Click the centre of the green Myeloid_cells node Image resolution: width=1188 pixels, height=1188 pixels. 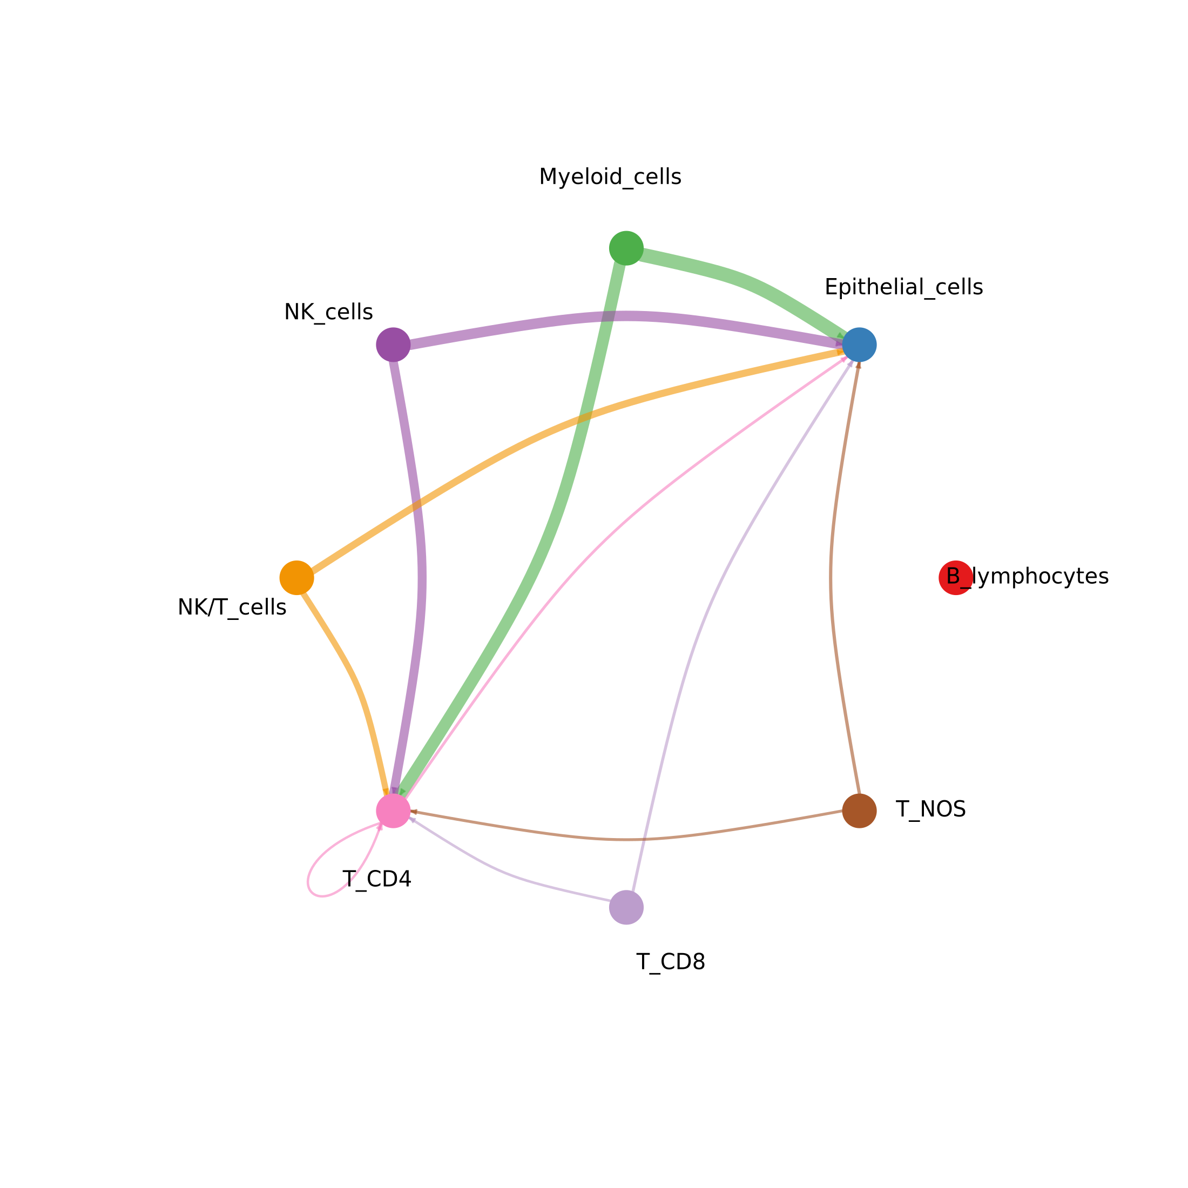click(x=626, y=248)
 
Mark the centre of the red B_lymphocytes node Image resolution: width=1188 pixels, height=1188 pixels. click(x=956, y=578)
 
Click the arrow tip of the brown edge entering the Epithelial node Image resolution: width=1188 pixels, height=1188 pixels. click(x=859, y=362)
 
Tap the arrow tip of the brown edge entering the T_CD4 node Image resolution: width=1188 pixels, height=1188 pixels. click(x=411, y=812)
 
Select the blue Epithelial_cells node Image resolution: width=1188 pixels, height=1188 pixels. click(x=859, y=345)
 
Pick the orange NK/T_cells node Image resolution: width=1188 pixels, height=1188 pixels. click(x=297, y=578)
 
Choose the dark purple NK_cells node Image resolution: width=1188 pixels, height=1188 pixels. click(x=393, y=345)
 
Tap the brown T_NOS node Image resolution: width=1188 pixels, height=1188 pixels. click(x=859, y=811)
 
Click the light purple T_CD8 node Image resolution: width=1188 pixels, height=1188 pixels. click(x=626, y=907)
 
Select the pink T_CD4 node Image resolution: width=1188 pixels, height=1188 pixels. click(x=393, y=811)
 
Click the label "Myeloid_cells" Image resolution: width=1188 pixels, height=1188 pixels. click(x=610, y=177)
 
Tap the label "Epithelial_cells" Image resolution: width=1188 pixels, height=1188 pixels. click(x=903, y=287)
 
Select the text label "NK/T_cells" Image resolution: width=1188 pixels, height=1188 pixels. click(x=232, y=607)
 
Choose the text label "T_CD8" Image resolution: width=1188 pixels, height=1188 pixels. click(x=670, y=962)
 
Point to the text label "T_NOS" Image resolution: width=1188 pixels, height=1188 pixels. click(x=930, y=810)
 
